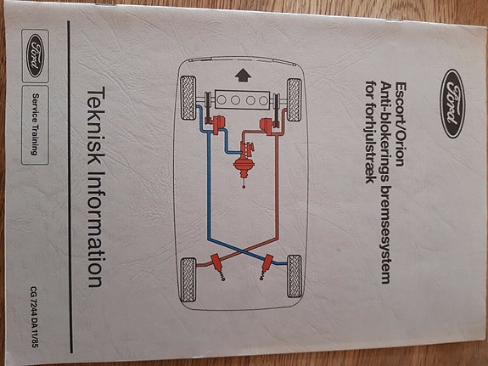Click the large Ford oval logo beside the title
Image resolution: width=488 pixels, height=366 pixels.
[x=452, y=104]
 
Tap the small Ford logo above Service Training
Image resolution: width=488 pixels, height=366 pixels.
[x=35, y=56]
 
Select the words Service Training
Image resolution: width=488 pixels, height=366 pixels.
[x=35, y=124]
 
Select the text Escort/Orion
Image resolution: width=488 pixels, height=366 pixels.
[x=401, y=124]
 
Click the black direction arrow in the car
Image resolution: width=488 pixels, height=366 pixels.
[x=243, y=76]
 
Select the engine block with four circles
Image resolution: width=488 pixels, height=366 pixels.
[x=243, y=100]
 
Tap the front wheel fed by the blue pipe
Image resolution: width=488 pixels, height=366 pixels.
[x=188, y=99]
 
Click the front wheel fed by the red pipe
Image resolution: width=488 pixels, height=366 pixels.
[x=294, y=99]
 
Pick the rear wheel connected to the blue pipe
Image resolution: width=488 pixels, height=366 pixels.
[x=294, y=276]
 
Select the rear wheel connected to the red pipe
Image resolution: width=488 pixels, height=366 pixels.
[x=188, y=279]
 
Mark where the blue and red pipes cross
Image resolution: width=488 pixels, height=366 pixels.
[x=242, y=251]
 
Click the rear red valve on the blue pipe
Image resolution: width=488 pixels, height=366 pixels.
[x=267, y=263]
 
